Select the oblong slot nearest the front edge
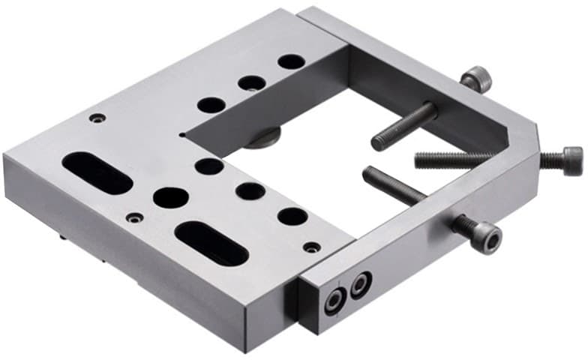211,242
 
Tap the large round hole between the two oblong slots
171,198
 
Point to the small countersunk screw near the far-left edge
97,118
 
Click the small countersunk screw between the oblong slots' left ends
134,217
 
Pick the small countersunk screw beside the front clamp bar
312,247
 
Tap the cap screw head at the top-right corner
477,79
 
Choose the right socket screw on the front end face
361,283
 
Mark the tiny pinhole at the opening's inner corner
181,136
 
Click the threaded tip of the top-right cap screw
376,142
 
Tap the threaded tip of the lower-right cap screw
369,174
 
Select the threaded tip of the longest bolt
419,158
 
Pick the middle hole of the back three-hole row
252,83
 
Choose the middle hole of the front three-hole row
250,191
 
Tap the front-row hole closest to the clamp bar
292,217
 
